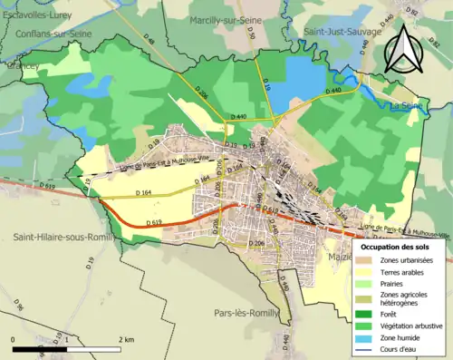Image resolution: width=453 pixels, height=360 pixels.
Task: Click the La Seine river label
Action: [407, 106]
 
